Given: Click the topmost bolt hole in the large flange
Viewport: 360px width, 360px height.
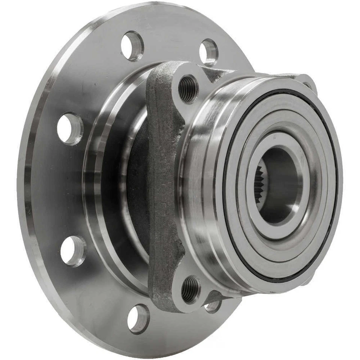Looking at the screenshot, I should click(132, 46).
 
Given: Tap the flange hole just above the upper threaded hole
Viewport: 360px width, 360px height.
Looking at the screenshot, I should click(208, 52).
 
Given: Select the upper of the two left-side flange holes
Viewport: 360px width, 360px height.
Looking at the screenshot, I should click(70, 129).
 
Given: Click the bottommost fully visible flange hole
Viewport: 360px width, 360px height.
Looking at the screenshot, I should click(138, 318).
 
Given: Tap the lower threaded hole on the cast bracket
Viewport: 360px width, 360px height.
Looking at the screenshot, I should click(190, 289).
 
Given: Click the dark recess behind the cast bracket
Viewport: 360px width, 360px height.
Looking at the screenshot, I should click(137, 187).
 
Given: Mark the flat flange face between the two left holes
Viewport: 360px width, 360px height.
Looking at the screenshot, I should click(56, 189).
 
